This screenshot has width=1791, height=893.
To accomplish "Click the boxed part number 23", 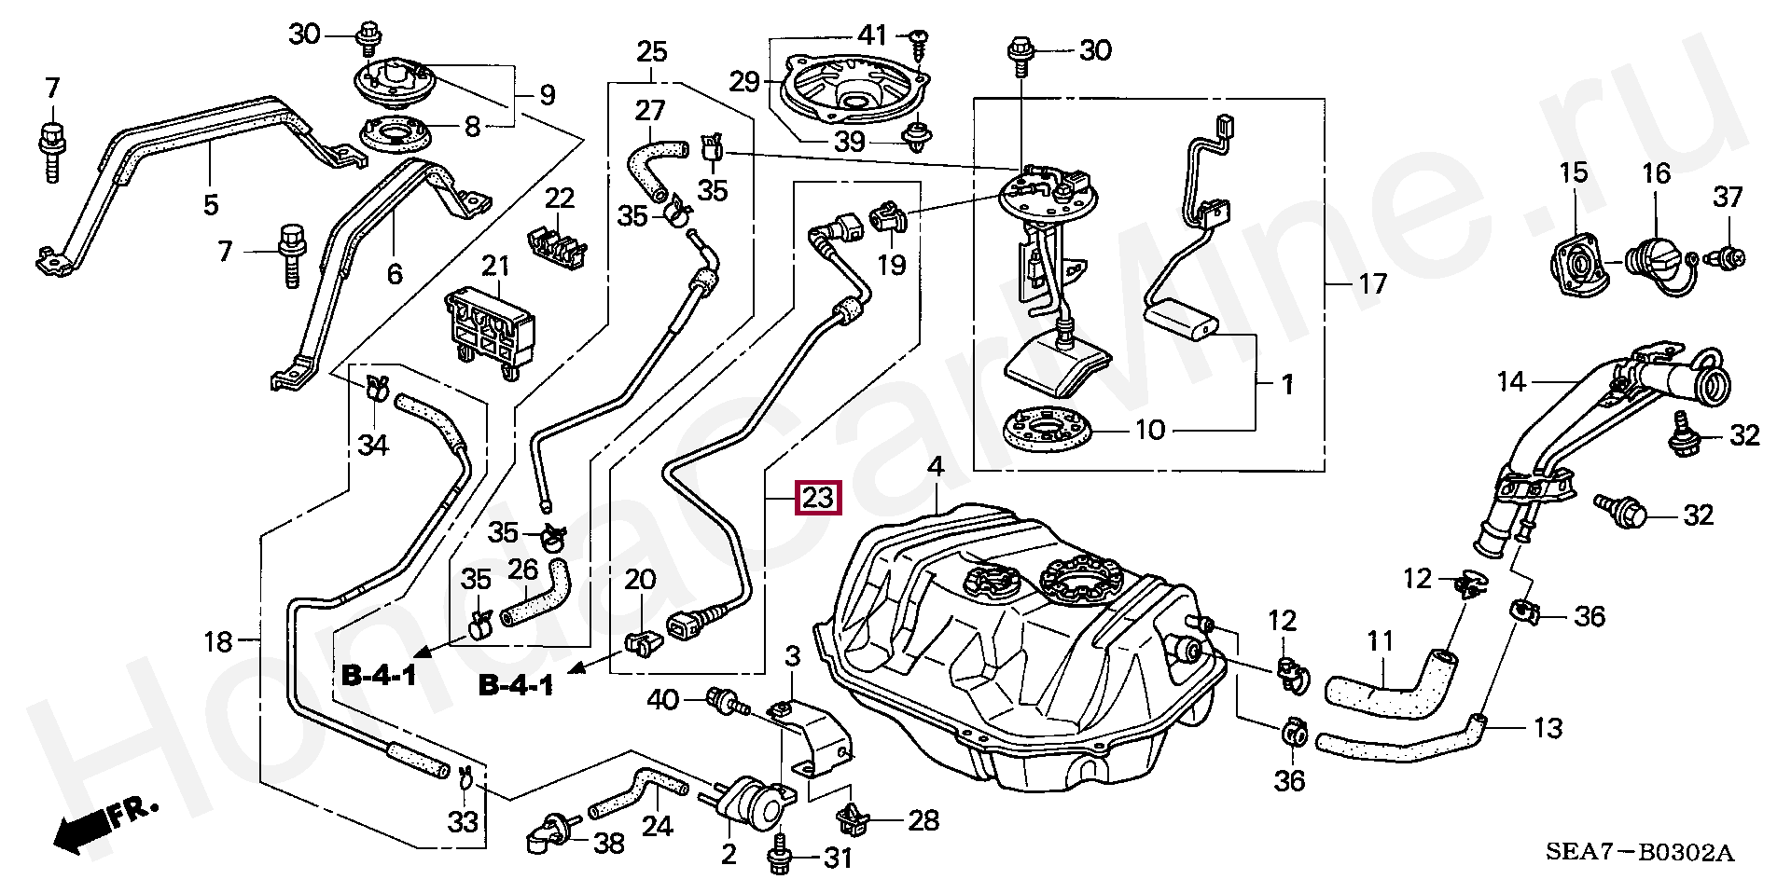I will (x=818, y=498).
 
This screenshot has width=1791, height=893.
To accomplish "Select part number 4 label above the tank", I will (x=936, y=467).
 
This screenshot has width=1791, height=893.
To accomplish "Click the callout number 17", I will (x=1372, y=283).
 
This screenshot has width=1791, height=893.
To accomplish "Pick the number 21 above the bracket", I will (x=495, y=267).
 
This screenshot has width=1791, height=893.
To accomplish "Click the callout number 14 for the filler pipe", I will (x=1511, y=381).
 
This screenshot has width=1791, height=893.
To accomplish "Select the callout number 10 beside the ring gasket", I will (x=1149, y=430).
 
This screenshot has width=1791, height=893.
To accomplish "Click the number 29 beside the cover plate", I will (x=743, y=82).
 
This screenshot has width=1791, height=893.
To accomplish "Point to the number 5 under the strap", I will (x=211, y=204).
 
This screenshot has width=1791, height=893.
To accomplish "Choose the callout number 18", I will (x=218, y=641).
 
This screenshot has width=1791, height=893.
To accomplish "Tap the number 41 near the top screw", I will (x=872, y=35).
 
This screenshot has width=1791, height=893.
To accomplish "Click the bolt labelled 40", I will (x=726, y=701).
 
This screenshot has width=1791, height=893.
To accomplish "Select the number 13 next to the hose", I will (x=1548, y=728).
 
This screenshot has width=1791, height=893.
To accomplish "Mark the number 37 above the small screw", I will (x=1728, y=197).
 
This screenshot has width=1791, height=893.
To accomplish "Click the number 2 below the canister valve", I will (x=729, y=854).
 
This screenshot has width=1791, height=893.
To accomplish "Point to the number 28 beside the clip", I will (x=923, y=820).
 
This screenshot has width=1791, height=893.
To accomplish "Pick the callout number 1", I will (x=1287, y=383).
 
